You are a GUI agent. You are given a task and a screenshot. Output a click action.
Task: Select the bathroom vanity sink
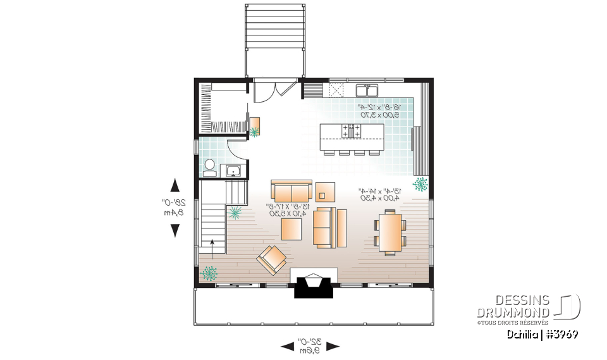click(x=232, y=170)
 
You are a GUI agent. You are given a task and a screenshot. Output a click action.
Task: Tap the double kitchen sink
click(x=366, y=89)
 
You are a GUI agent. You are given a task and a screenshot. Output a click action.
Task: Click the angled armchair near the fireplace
click(x=272, y=259)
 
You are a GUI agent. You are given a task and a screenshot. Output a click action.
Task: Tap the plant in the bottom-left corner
click(x=209, y=273)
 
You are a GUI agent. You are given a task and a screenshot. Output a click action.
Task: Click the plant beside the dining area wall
click(x=420, y=183)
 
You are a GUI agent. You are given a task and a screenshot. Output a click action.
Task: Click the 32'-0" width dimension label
click(x=310, y=345)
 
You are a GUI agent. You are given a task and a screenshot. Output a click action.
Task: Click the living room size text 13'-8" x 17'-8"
click(x=288, y=210)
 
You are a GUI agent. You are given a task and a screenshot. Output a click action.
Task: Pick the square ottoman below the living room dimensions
click(x=292, y=228)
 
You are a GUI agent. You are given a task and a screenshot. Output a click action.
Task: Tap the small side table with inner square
click(x=326, y=190)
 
